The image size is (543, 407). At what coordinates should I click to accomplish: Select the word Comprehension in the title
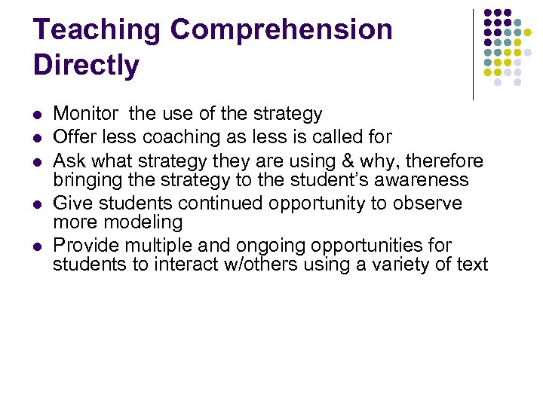coord(281,30)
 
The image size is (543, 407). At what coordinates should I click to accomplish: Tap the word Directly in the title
coord(86,66)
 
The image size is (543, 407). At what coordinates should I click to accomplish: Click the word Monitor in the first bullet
coord(85,114)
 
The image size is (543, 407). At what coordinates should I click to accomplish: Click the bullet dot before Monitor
coord(38,115)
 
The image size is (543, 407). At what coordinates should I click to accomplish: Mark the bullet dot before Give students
coord(38,204)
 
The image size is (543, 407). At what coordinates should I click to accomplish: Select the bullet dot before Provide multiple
coord(38,246)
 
